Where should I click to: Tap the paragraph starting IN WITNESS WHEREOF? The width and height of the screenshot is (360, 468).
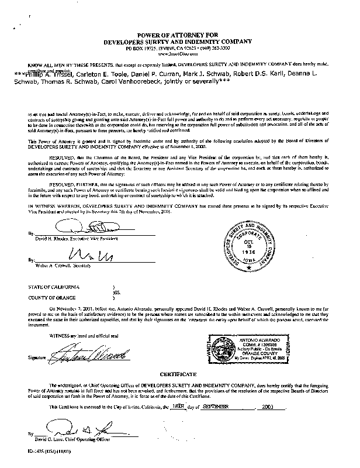pyautogui.click(x=175, y=208)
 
